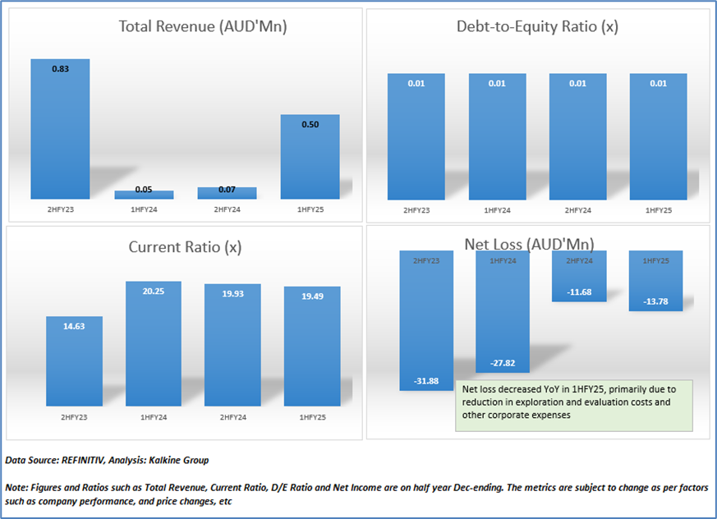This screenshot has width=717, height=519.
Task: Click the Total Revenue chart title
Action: [x=202, y=26]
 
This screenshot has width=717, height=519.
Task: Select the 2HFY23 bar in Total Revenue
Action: [x=60, y=131]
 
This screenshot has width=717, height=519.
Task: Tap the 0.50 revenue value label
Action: [x=310, y=125]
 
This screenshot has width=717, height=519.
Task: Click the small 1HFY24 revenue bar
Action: [x=144, y=195]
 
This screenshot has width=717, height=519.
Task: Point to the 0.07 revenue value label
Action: [x=227, y=190]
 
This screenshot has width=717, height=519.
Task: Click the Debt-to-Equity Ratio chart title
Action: [x=537, y=26]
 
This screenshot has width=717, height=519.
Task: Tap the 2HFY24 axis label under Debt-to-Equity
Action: [x=577, y=211]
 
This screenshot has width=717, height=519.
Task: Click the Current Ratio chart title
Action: [x=185, y=246]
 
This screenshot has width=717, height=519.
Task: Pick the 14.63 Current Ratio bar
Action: [x=74, y=361]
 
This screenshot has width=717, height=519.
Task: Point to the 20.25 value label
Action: [x=154, y=291]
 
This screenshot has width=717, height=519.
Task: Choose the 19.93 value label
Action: [x=233, y=294]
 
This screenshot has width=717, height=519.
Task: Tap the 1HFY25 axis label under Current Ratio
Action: [x=311, y=417]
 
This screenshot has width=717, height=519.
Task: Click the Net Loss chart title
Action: [x=529, y=243]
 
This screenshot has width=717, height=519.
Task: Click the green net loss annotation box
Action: [x=573, y=404]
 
